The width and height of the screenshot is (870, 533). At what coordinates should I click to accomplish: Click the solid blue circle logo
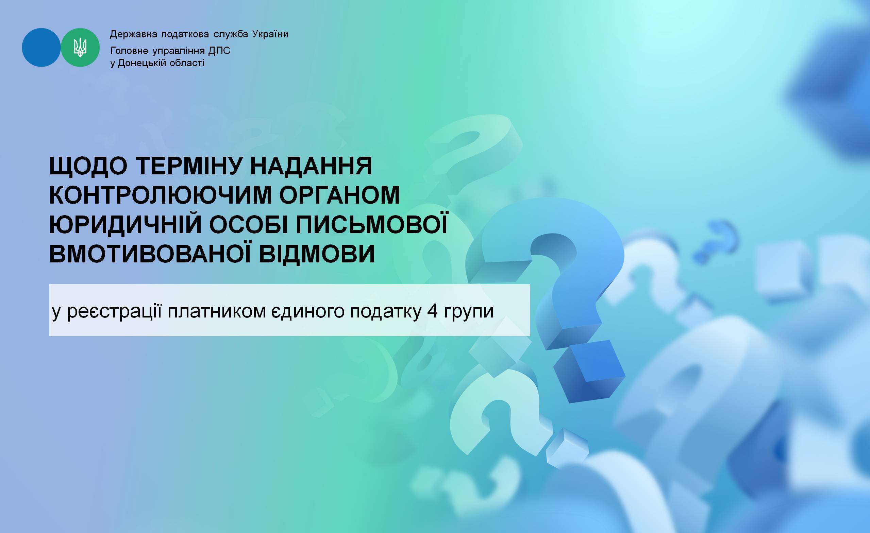tap(41, 47)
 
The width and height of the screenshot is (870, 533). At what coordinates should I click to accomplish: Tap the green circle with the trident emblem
tap(81, 47)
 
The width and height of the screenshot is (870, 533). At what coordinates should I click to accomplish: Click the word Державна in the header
tap(133, 34)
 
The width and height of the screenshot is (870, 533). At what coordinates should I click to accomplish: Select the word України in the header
tap(270, 34)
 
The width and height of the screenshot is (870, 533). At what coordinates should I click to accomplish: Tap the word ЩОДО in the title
tap(88, 166)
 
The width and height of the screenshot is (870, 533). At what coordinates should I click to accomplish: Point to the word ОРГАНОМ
tap(340, 195)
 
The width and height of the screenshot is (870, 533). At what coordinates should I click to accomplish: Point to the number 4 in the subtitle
tap(433, 311)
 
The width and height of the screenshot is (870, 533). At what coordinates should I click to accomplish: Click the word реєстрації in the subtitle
tap(114, 311)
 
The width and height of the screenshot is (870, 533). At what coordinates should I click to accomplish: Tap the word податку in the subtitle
tap(386, 311)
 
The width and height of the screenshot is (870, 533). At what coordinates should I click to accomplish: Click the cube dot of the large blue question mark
tap(589, 371)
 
